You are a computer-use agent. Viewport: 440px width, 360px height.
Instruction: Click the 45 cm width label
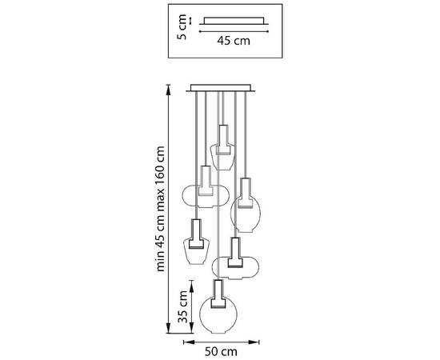point(234,41)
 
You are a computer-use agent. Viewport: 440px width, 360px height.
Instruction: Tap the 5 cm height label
point(182,27)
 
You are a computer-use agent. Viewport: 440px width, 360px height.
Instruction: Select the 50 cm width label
point(221,351)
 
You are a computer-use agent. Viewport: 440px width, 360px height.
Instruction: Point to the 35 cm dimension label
point(182,306)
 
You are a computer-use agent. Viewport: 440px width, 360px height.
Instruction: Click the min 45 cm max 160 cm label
point(160,209)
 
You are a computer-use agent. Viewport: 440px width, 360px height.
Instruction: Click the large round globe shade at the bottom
point(218,314)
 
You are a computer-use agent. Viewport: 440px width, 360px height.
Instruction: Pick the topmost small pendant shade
point(222,156)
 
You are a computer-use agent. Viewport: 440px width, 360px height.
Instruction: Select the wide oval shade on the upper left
point(206,196)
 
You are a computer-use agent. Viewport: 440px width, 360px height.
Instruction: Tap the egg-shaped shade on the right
point(246,214)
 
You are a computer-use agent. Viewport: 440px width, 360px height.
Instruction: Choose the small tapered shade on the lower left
point(196,251)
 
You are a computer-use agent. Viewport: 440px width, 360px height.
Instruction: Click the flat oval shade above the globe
point(235,267)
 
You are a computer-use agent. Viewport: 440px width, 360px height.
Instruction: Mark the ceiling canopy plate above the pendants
point(221,88)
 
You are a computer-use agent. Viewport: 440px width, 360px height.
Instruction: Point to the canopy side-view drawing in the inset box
point(234,21)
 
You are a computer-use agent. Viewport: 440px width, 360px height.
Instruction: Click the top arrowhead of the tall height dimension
point(168,88)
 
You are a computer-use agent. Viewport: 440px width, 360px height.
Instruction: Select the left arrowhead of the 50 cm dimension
point(189,342)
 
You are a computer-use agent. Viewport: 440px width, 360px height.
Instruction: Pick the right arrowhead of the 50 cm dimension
point(254,342)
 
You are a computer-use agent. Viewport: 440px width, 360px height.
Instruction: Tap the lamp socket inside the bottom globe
point(218,294)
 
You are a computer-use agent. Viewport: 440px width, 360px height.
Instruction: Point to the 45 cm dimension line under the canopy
point(234,31)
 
